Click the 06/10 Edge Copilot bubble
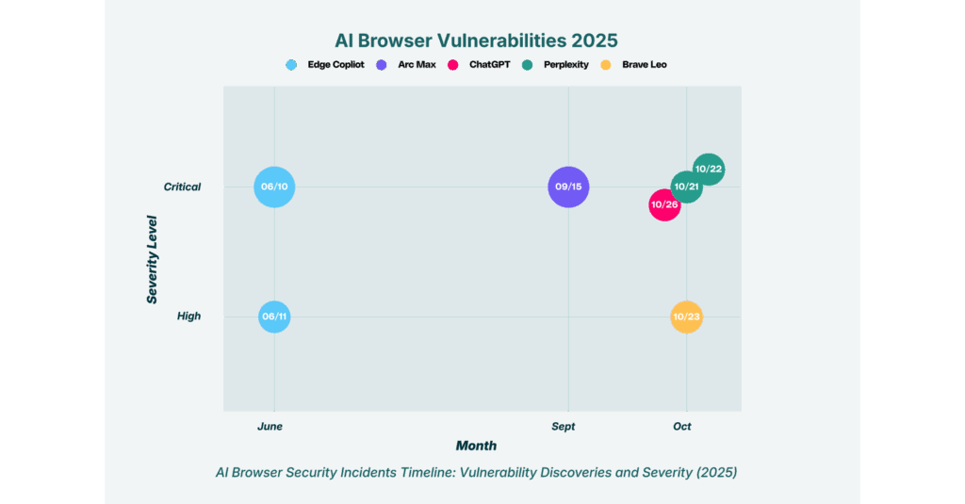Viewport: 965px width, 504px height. click(x=274, y=187)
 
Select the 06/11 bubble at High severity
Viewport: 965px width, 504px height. click(x=274, y=317)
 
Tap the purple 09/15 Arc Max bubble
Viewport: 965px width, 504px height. click(x=568, y=187)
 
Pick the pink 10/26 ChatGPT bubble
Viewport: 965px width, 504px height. click(x=664, y=205)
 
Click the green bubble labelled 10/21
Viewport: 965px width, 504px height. click(x=687, y=187)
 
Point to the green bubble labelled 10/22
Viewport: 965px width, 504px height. click(x=709, y=170)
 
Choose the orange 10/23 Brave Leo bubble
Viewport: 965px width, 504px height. click(x=687, y=317)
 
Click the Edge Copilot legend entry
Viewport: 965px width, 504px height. click(x=325, y=65)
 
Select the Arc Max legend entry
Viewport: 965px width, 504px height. click(x=406, y=65)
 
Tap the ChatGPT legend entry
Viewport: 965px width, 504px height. click(x=479, y=65)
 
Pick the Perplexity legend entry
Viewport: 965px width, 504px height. click(x=555, y=65)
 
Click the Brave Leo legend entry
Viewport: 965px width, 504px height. click(x=633, y=65)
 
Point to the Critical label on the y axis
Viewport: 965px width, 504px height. click(x=182, y=187)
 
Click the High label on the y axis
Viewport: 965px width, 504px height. click(x=188, y=317)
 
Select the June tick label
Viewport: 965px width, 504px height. click(x=270, y=427)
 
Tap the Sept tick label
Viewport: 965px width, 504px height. click(x=564, y=427)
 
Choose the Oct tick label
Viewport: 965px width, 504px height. click(x=682, y=427)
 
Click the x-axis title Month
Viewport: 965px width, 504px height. click(x=476, y=446)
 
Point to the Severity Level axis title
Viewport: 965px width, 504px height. click(x=152, y=260)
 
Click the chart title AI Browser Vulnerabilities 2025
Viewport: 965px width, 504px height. click(x=476, y=41)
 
